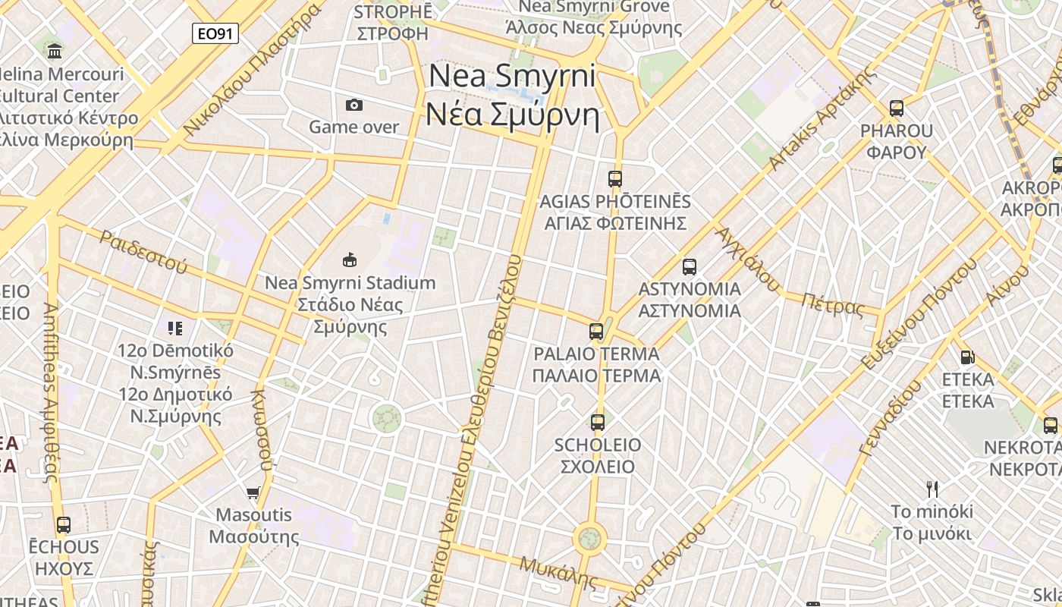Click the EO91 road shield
pos(215,33)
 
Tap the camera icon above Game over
pos(353,105)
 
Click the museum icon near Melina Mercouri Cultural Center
pos(55,52)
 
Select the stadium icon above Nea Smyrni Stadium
pos(350,260)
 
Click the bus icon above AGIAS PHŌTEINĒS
pos(615,179)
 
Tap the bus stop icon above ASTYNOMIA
pos(689,267)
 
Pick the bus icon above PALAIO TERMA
pos(596,332)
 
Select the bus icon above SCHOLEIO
pos(598,423)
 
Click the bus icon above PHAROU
pos(897,109)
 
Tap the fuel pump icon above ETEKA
pos(967,357)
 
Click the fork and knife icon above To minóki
pos(932,489)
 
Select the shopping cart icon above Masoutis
pos(253,492)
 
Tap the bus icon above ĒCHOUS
pos(64,524)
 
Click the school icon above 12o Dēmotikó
pos(175,329)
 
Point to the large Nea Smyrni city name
pos(512,96)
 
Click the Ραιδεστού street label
pos(143,252)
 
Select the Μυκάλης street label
pos(558,572)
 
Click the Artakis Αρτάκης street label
pos(821,120)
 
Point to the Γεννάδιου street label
pos(891,417)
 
